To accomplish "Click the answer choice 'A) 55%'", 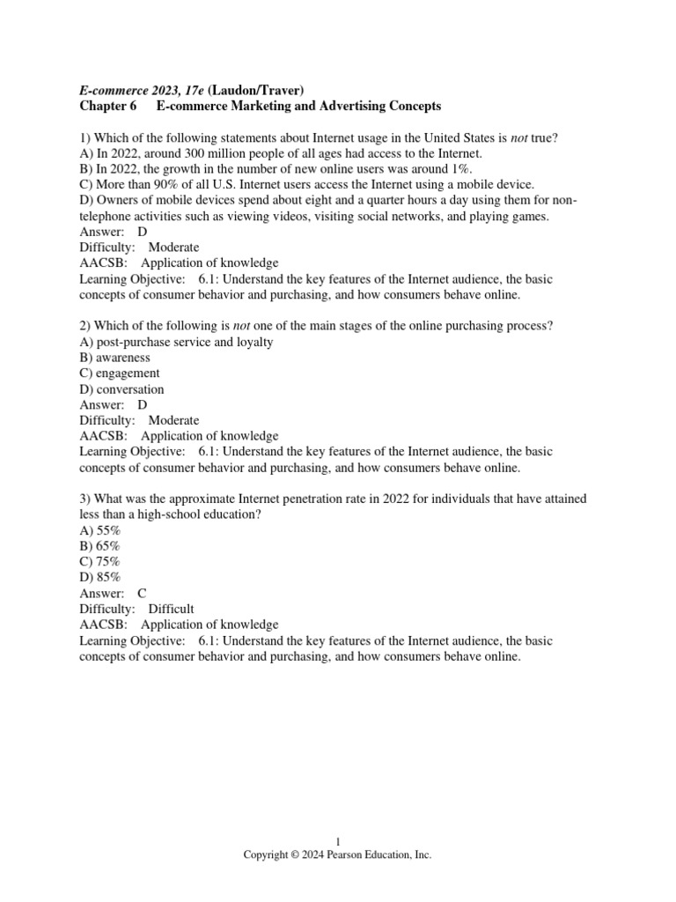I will tap(99, 530).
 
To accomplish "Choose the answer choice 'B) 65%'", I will tap(99, 546).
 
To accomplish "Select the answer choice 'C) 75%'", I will tap(99, 562).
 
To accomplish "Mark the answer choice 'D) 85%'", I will tap(99, 578).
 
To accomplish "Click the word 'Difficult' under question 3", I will tap(172, 609).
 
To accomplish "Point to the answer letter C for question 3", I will tap(142, 593).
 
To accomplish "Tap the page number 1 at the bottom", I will tap(338, 842).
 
